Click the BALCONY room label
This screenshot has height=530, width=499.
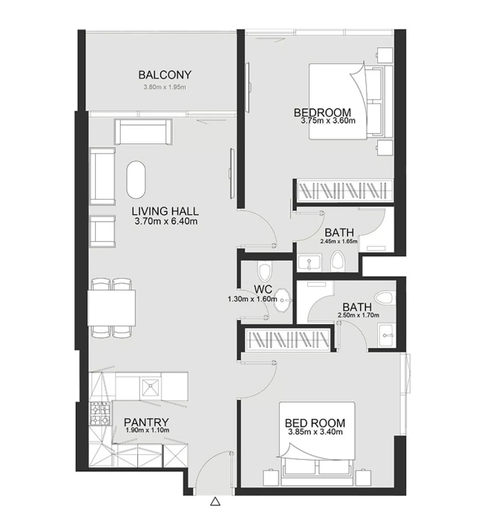164,75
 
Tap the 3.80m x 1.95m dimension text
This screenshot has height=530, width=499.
164,87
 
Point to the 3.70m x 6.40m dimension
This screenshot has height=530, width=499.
166,222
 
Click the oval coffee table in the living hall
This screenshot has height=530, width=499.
136,179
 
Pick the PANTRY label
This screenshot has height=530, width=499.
147,422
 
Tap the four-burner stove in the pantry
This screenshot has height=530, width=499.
101,414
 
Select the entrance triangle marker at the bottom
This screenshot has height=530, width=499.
215,501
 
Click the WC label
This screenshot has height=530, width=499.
263,289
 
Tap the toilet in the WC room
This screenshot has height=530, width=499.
264,271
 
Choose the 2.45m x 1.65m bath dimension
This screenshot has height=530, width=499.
339,241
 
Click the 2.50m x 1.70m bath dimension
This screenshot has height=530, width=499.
358,316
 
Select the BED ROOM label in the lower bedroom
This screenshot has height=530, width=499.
315,423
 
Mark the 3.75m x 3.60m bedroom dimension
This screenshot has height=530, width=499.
327,121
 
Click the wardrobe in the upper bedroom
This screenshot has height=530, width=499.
344,189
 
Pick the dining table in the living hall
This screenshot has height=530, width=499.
111,307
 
